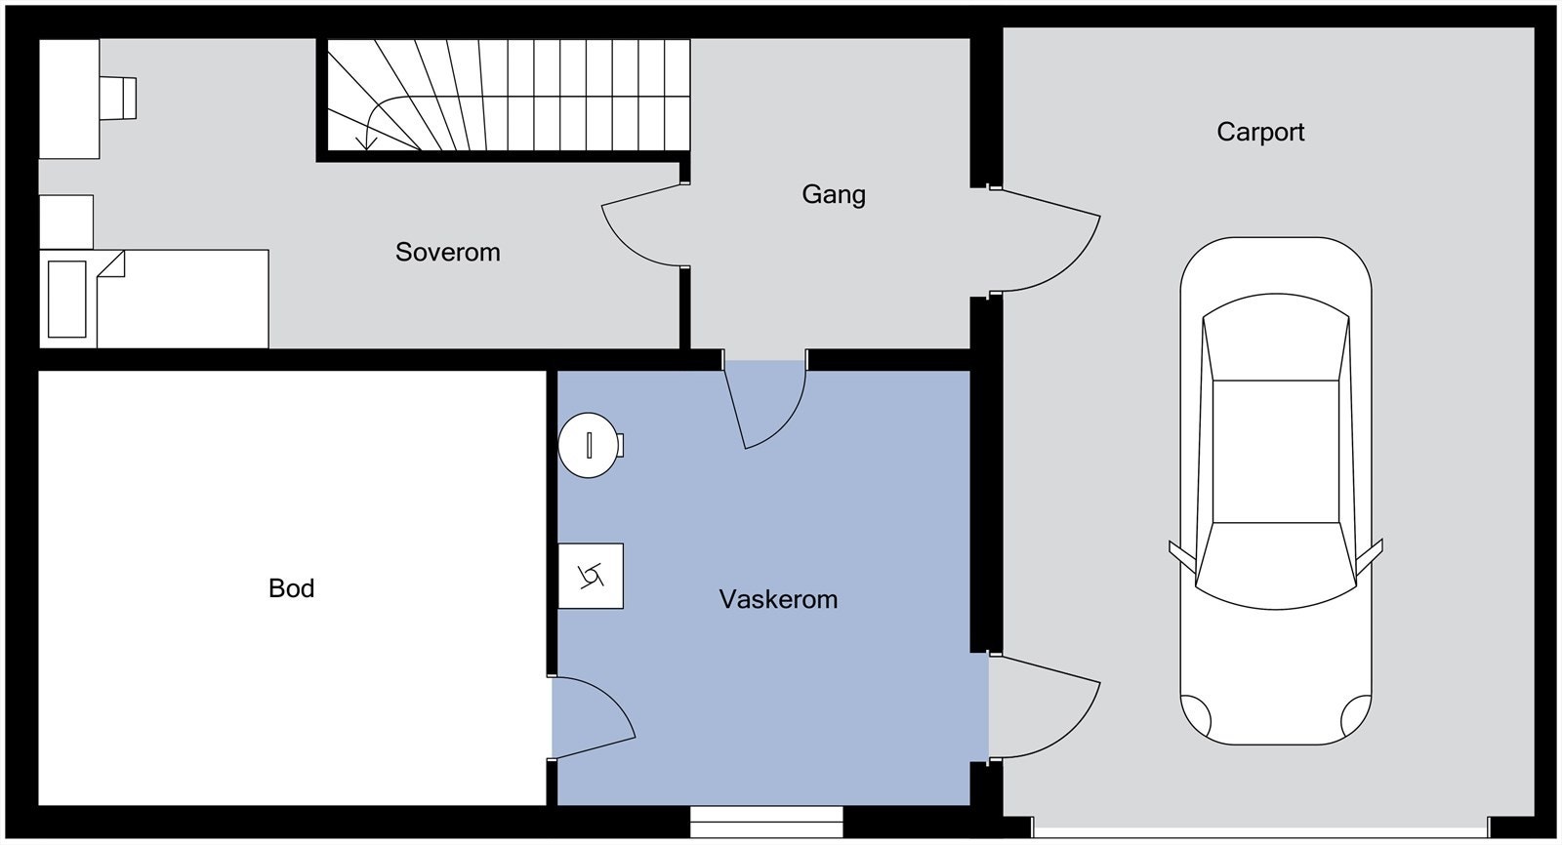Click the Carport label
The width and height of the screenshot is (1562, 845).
click(1260, 132)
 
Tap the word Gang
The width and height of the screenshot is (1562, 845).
click(834, 194)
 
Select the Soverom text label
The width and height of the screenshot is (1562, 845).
click(448, 252)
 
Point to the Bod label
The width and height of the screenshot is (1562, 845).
click(292, 588)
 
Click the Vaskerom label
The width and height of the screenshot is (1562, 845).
click(778, 599)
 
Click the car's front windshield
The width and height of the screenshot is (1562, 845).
click(1276, 565)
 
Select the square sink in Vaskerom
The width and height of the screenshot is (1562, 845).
click(591, 576)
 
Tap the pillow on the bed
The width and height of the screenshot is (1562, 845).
click(67, 300)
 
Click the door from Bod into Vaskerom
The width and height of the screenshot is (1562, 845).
click(593, 717)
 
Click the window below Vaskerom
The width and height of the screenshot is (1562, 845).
click(766, 822)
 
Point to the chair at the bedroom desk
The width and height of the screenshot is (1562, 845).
click(118, 99)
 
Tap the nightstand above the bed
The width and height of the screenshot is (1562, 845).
click(66, 222)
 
